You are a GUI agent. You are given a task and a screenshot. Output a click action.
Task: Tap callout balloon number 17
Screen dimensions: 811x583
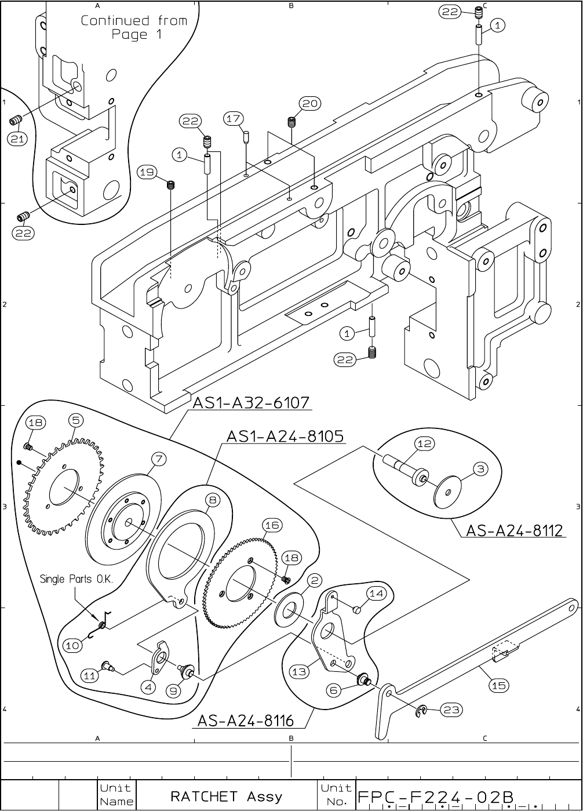point(233,119)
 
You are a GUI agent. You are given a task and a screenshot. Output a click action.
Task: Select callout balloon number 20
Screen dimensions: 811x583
point(309,104)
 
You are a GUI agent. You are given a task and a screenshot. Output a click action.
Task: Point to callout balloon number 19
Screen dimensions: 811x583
point(147,172)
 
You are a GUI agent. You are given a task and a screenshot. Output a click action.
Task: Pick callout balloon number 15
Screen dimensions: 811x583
point(499,685)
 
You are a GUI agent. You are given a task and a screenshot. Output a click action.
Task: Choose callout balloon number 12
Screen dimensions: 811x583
point(425,443)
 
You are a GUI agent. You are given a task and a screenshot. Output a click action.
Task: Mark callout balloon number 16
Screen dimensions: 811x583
point(272,525)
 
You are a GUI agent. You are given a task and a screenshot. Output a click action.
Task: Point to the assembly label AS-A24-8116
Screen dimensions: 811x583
point(246,721)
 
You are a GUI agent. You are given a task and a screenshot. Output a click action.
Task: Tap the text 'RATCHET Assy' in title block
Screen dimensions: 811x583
point(226,796)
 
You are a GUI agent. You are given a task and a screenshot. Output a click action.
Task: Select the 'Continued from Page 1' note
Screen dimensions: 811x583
point(134,27)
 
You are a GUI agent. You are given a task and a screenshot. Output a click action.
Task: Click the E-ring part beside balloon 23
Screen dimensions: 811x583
point(422,710)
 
